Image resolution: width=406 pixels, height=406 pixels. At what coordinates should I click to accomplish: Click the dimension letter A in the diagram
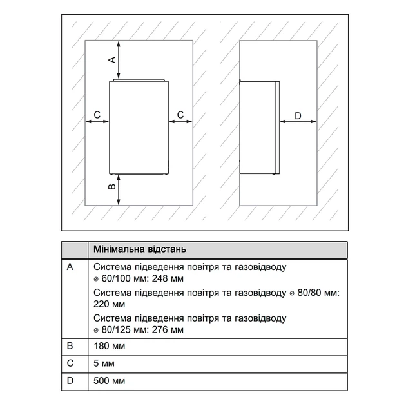click(113, 60)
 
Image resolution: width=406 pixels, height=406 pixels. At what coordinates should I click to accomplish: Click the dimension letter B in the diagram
click(112, 187)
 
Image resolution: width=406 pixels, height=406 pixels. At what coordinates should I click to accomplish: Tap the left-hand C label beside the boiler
click(97, 115)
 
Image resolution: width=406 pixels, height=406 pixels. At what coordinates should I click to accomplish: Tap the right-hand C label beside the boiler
click(180, 115)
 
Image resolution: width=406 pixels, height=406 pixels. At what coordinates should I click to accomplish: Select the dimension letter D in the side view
click(298, 116)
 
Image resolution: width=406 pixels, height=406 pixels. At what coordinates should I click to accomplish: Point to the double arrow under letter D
click(298, 121)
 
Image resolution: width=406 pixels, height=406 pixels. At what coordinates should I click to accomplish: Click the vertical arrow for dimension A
click(119, 60)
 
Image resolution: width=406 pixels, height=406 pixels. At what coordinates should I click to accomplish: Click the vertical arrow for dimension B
click(119, 189)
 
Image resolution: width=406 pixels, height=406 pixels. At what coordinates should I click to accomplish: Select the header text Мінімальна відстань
click(140, 249)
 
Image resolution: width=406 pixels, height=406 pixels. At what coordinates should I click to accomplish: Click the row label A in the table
click(70, 267)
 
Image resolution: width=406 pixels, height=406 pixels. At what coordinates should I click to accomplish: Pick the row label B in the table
click(70, 346)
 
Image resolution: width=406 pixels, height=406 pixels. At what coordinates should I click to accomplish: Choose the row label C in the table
click(70, 363)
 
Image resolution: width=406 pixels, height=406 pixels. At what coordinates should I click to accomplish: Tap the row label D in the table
click(70, 381)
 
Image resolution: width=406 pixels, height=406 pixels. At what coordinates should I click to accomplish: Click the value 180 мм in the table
click(110, 346)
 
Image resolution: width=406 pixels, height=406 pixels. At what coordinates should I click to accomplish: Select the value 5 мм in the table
click(104, 363)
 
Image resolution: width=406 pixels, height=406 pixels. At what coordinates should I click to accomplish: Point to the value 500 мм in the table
click(110, 381)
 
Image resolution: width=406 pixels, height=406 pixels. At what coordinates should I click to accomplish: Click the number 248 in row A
click(160, 278)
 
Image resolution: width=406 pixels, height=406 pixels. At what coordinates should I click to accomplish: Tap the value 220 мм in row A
click(110, 304)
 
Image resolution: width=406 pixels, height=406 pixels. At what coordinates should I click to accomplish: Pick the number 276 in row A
click(160, 329)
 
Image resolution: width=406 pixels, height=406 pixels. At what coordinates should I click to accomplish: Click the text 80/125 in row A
click(116, 329)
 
